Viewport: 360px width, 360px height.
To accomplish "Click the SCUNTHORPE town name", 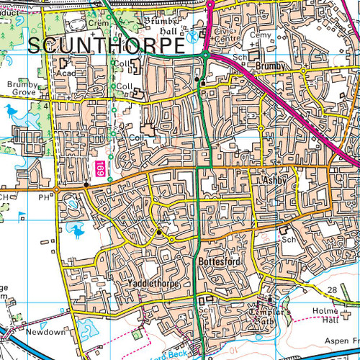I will (x=106, y=45).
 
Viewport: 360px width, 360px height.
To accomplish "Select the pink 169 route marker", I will (x=99, y=171).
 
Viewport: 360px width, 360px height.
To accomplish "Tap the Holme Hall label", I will (x=334, y=316).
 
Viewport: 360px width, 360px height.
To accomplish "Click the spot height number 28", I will (x=332, y=289).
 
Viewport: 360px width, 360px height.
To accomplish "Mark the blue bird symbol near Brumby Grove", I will (x=12, y=111).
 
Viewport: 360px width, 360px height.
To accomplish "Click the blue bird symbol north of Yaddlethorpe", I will (x=76, y=230).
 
